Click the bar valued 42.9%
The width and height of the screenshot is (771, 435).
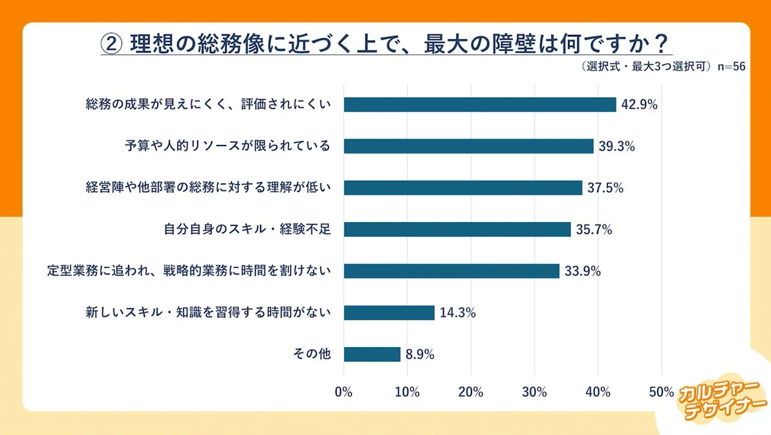[479, 105]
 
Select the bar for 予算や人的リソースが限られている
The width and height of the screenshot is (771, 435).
[468, 146]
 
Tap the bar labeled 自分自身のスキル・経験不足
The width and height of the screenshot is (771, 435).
[457, 229]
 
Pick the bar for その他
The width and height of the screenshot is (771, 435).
[372, 354]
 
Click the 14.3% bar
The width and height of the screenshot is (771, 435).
[389, 313]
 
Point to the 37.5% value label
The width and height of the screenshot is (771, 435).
[605, 188]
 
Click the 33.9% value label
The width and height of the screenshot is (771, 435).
[583, 271]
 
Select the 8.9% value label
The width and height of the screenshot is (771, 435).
[420, 354]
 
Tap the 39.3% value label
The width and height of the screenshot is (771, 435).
[617, 146]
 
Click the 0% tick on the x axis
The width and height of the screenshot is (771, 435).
[343, 392]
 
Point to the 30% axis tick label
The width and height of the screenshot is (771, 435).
[534, 392]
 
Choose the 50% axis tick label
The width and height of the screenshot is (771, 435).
[661, 392]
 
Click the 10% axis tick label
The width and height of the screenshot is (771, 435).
[407, 392]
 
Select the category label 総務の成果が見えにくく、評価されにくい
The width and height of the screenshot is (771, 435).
[208, 105]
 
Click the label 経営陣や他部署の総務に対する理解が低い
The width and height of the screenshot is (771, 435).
[208, 188]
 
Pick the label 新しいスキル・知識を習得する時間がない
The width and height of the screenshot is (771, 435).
[208, 313]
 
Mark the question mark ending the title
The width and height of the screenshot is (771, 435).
[660, 44]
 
